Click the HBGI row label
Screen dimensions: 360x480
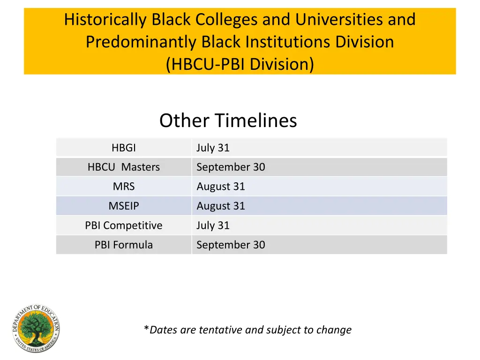click(124, 148)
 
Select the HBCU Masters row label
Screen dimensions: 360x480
click(124, 167)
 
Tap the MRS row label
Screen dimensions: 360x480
click(124, 187)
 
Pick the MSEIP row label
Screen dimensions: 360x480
click(124, 206)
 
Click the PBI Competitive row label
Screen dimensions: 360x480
click(124, 225)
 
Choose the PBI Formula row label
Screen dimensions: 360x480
click(124, 245)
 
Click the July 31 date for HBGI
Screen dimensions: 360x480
click(213, 148)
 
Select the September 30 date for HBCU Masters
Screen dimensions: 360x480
click(231, 167)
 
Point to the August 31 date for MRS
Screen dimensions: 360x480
click(221, 187)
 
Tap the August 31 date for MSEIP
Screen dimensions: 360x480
click(221, 206)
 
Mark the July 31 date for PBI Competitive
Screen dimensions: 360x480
click(213, 225)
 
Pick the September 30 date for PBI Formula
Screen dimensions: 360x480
click(231, 245)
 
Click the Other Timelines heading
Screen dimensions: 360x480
click(228, 120)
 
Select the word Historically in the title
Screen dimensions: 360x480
click(105, 20)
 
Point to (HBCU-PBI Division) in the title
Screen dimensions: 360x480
click(240, 64)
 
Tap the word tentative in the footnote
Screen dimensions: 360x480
click(220, 330)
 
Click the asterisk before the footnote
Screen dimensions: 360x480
click(147, 329)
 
